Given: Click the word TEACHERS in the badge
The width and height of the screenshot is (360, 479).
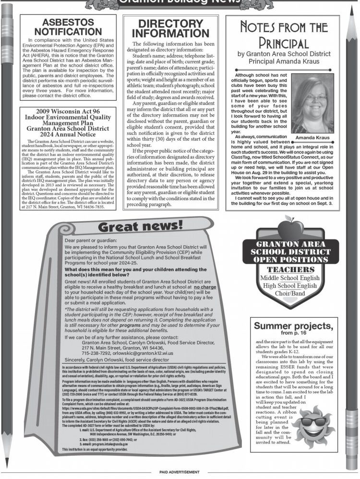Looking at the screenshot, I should click(x=287, y=270).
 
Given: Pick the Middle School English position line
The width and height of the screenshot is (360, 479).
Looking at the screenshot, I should click(x=287, y=278).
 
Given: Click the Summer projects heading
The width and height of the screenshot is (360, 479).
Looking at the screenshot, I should click(x=293, y=326).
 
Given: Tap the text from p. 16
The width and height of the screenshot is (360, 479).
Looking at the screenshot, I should click(x=293, y=333).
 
